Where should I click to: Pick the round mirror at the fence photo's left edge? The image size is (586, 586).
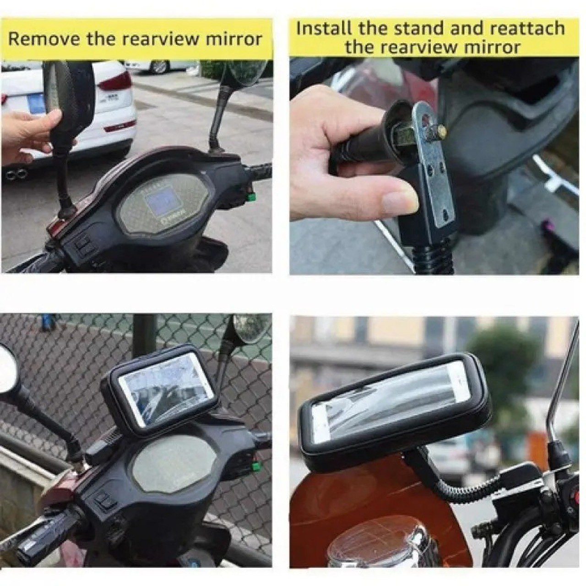7,369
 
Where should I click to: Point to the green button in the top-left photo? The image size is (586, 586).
251,198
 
